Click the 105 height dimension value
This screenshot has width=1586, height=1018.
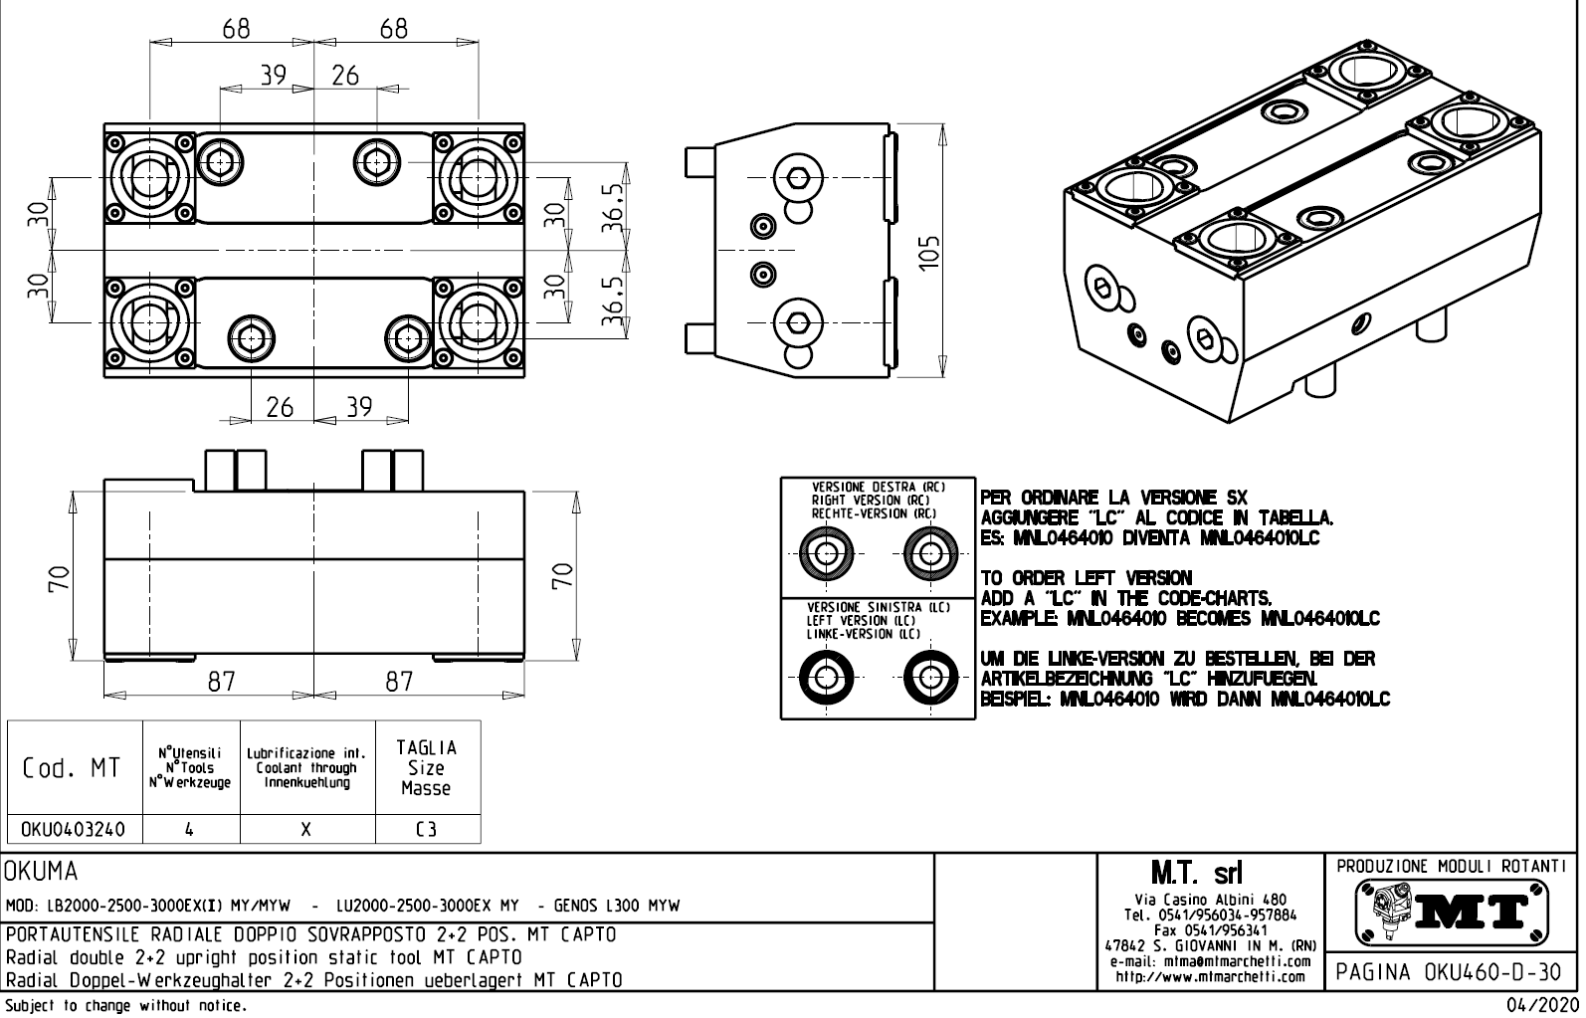pyautogui.click(x=928, y=254)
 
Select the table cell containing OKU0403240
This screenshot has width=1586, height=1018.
pyautogui.click(x=75, y=829)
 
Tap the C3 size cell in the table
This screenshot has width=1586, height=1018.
pyautogui.click(x=427, y=829)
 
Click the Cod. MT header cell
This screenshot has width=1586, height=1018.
pyautogui.click(x=75, y=768)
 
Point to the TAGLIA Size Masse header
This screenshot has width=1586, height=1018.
pyautogui.click(x=427, y=768)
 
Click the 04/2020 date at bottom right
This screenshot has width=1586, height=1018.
pyautogui.click(x=1540, y=1005)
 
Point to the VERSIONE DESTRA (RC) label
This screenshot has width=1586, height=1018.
pyautogui.click(x=878, y=487)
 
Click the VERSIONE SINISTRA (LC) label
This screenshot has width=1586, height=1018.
pyautogui.click(x=878, y=607)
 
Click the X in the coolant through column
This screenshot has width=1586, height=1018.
pyautogui.click(x=307, y=829)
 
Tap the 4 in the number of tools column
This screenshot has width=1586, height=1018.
pyautogui.click(x=190, y=829)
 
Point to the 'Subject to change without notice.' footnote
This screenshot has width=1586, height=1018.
pyautogui.click(x=125, y=1005)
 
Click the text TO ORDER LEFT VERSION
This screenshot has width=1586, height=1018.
pyautogui.click(x=1086, y=578)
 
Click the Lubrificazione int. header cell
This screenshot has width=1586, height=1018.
pyautogui.click(x=307, y=768)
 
